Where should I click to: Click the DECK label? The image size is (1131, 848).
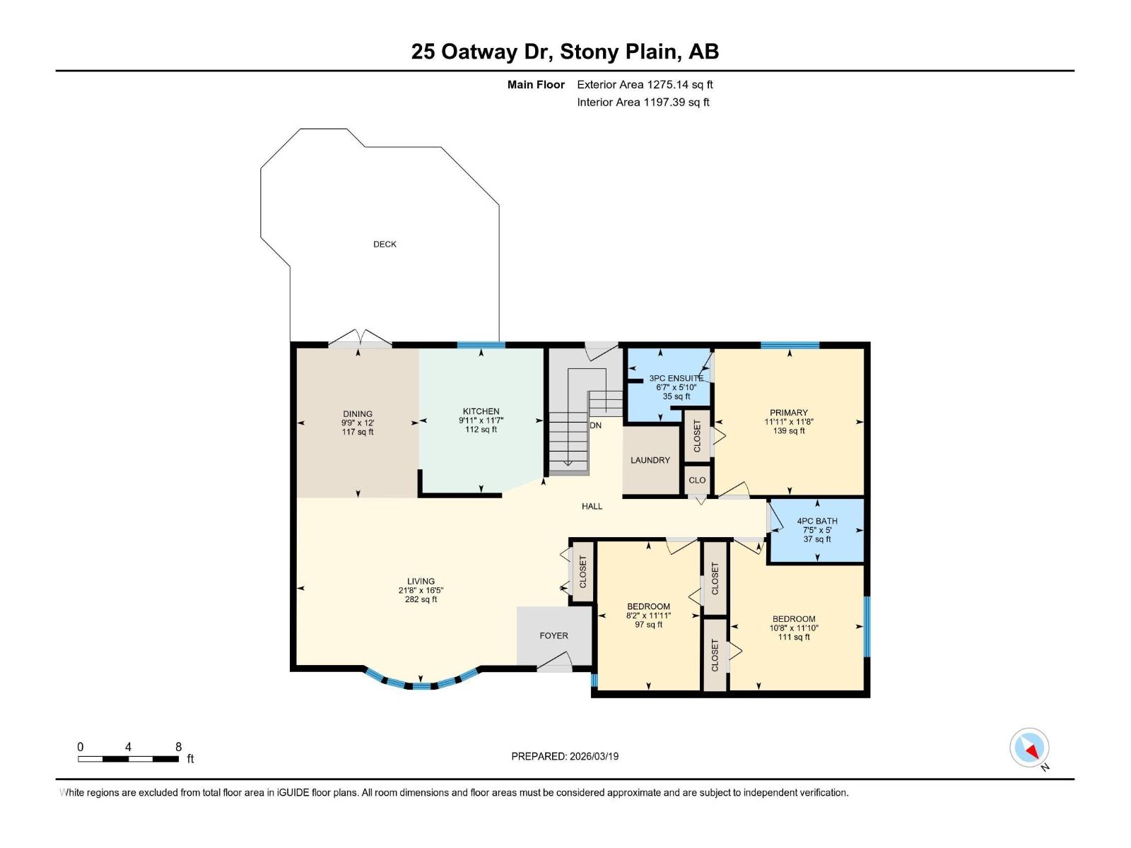tap(385, 244)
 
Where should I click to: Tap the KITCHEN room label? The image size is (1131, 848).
tap(481, 411)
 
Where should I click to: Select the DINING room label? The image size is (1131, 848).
tap(358, 413)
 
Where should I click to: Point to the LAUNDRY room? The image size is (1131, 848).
tap(650, 460)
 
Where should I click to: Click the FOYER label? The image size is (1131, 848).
tap(554, 635)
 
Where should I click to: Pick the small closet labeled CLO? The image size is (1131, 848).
tap(697, 480)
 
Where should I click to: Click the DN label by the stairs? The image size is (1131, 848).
tap(595, 425)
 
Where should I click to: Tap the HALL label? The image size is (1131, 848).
tap(592, 506)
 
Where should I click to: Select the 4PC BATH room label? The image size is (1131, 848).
tap(817, 521)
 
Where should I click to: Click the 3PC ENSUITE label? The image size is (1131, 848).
tap(676, 378)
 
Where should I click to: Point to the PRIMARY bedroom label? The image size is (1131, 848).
tap(789, 413)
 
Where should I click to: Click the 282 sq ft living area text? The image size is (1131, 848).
tap(421, 599)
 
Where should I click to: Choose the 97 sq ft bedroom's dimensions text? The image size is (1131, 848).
tap(649, 616)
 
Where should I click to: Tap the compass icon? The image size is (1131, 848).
tap(1029, 747)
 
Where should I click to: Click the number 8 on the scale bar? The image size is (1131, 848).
tap(178, 746)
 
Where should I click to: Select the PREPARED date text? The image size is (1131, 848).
tap(565, 756)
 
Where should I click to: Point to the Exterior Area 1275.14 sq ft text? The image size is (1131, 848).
tap(645, 84)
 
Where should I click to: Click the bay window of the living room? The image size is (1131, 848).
tap(421, 680)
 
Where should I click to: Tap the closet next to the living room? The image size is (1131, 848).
tap(582, 572)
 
